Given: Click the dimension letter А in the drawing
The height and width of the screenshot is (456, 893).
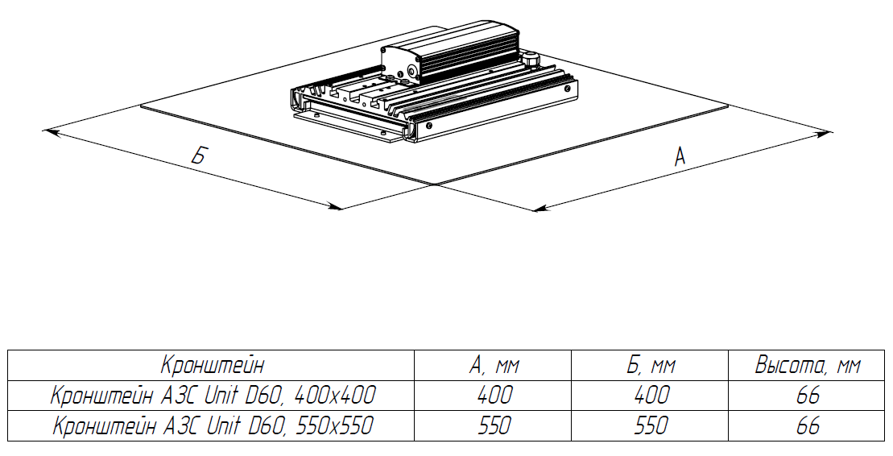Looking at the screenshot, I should pyautogui.click(x=680, y=156).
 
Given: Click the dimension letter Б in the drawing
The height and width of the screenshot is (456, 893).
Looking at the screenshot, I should pyautogui.click(x=198, y=156).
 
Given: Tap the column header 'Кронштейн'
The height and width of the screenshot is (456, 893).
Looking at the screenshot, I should pyautogui.click(x=212, y=366).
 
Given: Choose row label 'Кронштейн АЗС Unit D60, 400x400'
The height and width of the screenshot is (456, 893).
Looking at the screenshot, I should pyautogui.click(x=213, y=396).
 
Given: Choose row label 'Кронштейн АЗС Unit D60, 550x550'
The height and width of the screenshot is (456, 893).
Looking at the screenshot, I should pyautogui.click(x=213, y=425).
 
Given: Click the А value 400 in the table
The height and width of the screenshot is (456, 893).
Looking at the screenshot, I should pyautogui.click(x=494, y=396).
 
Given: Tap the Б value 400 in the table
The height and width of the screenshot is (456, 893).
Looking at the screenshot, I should pyautogui.click(x=651, y=396).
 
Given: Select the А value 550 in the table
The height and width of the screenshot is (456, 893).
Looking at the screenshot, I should pyautogui.click(x=494, y=425).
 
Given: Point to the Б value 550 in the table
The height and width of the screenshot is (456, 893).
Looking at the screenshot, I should pyautogui.click(x=651, y=425).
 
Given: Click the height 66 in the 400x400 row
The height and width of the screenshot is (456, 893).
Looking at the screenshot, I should pyautogui.click(x=807, y=396).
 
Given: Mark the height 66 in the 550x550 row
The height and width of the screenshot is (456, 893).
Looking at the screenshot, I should pyautogui.click(x=807, y=425).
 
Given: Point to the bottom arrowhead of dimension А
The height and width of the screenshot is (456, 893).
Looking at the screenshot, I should pyautogui.click(x=541, y=209).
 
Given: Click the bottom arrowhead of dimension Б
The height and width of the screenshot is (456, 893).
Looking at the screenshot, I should pyautogui.click(x=336, y=207).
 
